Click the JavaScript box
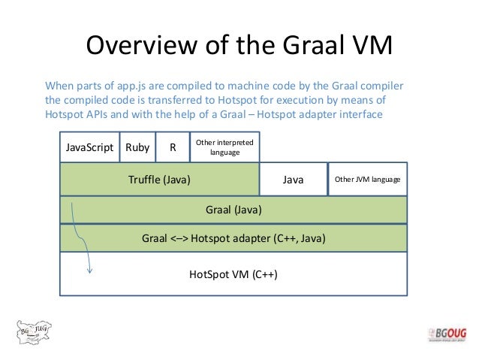[x=89, y=147]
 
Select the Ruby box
[x=137, y=147]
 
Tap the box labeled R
[x=173, y=147]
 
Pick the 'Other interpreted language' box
[x=224, y=147]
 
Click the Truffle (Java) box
[x=159, y=180]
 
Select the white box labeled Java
[x=293, y=180]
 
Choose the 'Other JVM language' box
[x=367, y=180]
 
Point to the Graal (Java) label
[x=233, y=210]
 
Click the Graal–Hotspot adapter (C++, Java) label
[x=233, y=239]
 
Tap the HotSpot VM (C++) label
[x=233, y=274]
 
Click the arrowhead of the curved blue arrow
[x=89, y=271]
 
